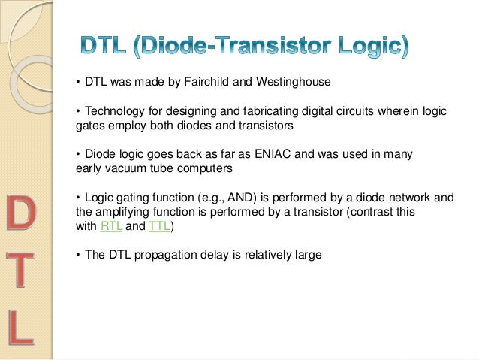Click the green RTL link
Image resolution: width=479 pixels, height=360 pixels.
[110, 225]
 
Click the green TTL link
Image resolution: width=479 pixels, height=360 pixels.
[159, 225]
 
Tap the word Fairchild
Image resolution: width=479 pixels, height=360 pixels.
[208, 81]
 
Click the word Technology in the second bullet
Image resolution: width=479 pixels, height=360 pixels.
[113, 111]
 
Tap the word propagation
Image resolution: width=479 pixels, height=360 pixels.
[164, 254]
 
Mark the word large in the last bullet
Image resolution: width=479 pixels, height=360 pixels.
[306, 254]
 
